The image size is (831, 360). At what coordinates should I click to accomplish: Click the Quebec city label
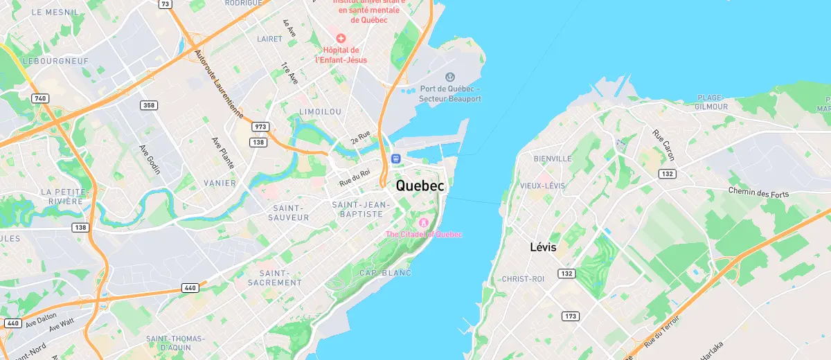click(420, 186)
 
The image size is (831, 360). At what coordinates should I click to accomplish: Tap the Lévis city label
click(543, 247)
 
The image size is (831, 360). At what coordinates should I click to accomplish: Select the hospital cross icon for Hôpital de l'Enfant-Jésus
click(340, 37)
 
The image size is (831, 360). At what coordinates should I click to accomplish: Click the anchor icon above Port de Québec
click(449, 77)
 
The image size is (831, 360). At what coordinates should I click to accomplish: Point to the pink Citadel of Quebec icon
click(423, 222)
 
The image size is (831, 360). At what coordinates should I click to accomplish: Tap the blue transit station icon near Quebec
click(395, 158)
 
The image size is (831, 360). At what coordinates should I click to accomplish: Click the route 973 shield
click(260, 127)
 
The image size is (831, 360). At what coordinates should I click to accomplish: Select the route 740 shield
click(40, 98)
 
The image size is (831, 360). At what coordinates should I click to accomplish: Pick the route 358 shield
click(148, 105)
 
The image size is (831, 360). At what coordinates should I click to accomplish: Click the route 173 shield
click(570, 316)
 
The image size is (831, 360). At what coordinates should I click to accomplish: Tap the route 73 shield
click(165, 4)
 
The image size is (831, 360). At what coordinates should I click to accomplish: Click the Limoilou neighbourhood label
click(320, 111)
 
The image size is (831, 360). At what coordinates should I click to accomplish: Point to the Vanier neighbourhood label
click(220, 183)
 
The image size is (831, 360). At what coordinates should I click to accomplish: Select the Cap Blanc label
click(385, 273)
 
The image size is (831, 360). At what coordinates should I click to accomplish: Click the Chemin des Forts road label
click(758, 192)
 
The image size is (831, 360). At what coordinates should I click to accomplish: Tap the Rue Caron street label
click(663, 144)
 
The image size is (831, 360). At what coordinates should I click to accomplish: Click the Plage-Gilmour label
click(712, 102)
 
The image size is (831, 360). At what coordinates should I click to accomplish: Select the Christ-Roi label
click(524, 278)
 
